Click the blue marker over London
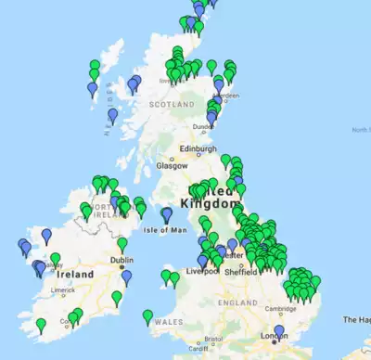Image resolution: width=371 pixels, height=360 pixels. tap(279, 331)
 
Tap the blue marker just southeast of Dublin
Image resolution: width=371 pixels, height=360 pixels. tap(126, 276)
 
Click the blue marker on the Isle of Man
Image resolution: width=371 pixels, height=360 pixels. tap(167, 214)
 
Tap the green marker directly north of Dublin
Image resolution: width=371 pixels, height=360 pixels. tap(122, 244)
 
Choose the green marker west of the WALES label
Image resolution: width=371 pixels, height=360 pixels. tap(147, 317)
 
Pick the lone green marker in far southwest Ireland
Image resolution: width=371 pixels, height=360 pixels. tap(41, 325)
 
